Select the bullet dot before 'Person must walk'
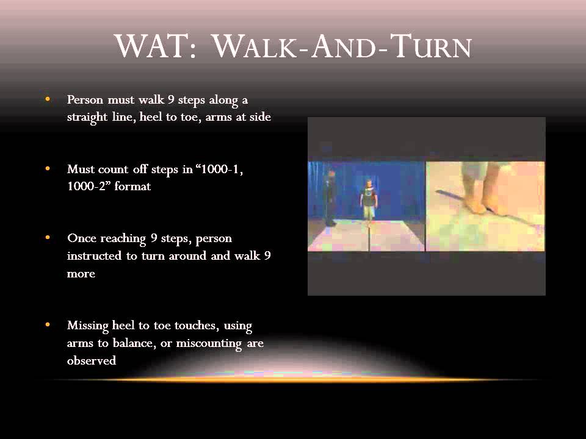47,98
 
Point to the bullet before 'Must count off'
47,168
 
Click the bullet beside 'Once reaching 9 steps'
47,237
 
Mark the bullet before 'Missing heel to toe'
47,325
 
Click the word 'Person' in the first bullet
85,99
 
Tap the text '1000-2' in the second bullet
85,187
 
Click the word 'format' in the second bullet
131,187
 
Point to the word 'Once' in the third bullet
81,238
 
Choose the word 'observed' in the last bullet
92,361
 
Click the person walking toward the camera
369,198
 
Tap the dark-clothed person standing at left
330,198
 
